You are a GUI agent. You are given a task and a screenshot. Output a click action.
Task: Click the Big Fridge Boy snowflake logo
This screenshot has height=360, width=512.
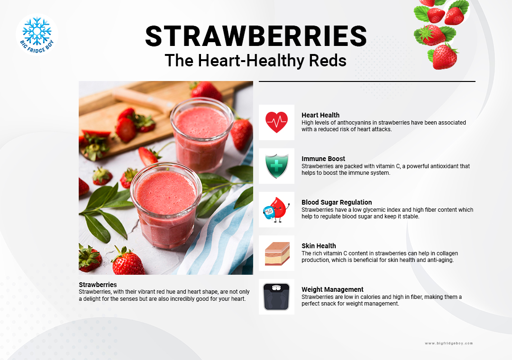coord(37,35)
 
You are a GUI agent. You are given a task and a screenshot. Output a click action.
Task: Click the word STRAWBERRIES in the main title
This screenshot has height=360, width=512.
coord(256,36)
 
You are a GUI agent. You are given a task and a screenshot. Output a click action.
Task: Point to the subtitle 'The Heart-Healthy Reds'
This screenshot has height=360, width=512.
coord(256,61)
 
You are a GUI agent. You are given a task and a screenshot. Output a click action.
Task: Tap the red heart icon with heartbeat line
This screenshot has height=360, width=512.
coord(276,122)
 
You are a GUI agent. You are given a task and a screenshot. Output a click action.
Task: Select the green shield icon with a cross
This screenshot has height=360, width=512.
coord(276,166)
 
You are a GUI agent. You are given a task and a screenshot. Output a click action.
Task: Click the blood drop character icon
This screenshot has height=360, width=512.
coord(276,209)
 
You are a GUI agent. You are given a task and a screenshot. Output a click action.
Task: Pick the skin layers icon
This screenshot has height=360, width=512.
coord(277,253)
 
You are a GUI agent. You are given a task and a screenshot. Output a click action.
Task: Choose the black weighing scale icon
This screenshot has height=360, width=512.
coord(276,297)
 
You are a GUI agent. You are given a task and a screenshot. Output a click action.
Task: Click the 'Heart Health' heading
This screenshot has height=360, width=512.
coord(320,115)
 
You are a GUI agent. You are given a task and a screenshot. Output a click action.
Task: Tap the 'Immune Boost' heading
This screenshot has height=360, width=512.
coord(323,159)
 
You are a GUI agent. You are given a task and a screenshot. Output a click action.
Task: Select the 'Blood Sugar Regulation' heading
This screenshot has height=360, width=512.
coord(337,202)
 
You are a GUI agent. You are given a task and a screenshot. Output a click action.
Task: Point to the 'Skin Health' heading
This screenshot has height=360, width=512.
coord(319,246)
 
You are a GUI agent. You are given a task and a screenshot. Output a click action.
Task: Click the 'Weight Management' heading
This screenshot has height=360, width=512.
coord(332,289)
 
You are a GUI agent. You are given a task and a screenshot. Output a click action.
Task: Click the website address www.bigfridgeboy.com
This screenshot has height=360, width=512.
coord(448,343)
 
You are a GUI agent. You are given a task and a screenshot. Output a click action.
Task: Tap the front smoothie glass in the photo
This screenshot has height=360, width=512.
coord(166,206)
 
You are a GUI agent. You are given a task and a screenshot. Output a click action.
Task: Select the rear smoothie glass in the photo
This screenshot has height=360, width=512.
coord(201,135)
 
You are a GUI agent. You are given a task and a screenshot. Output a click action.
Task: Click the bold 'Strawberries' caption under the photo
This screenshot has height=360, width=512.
coord(98,285)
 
